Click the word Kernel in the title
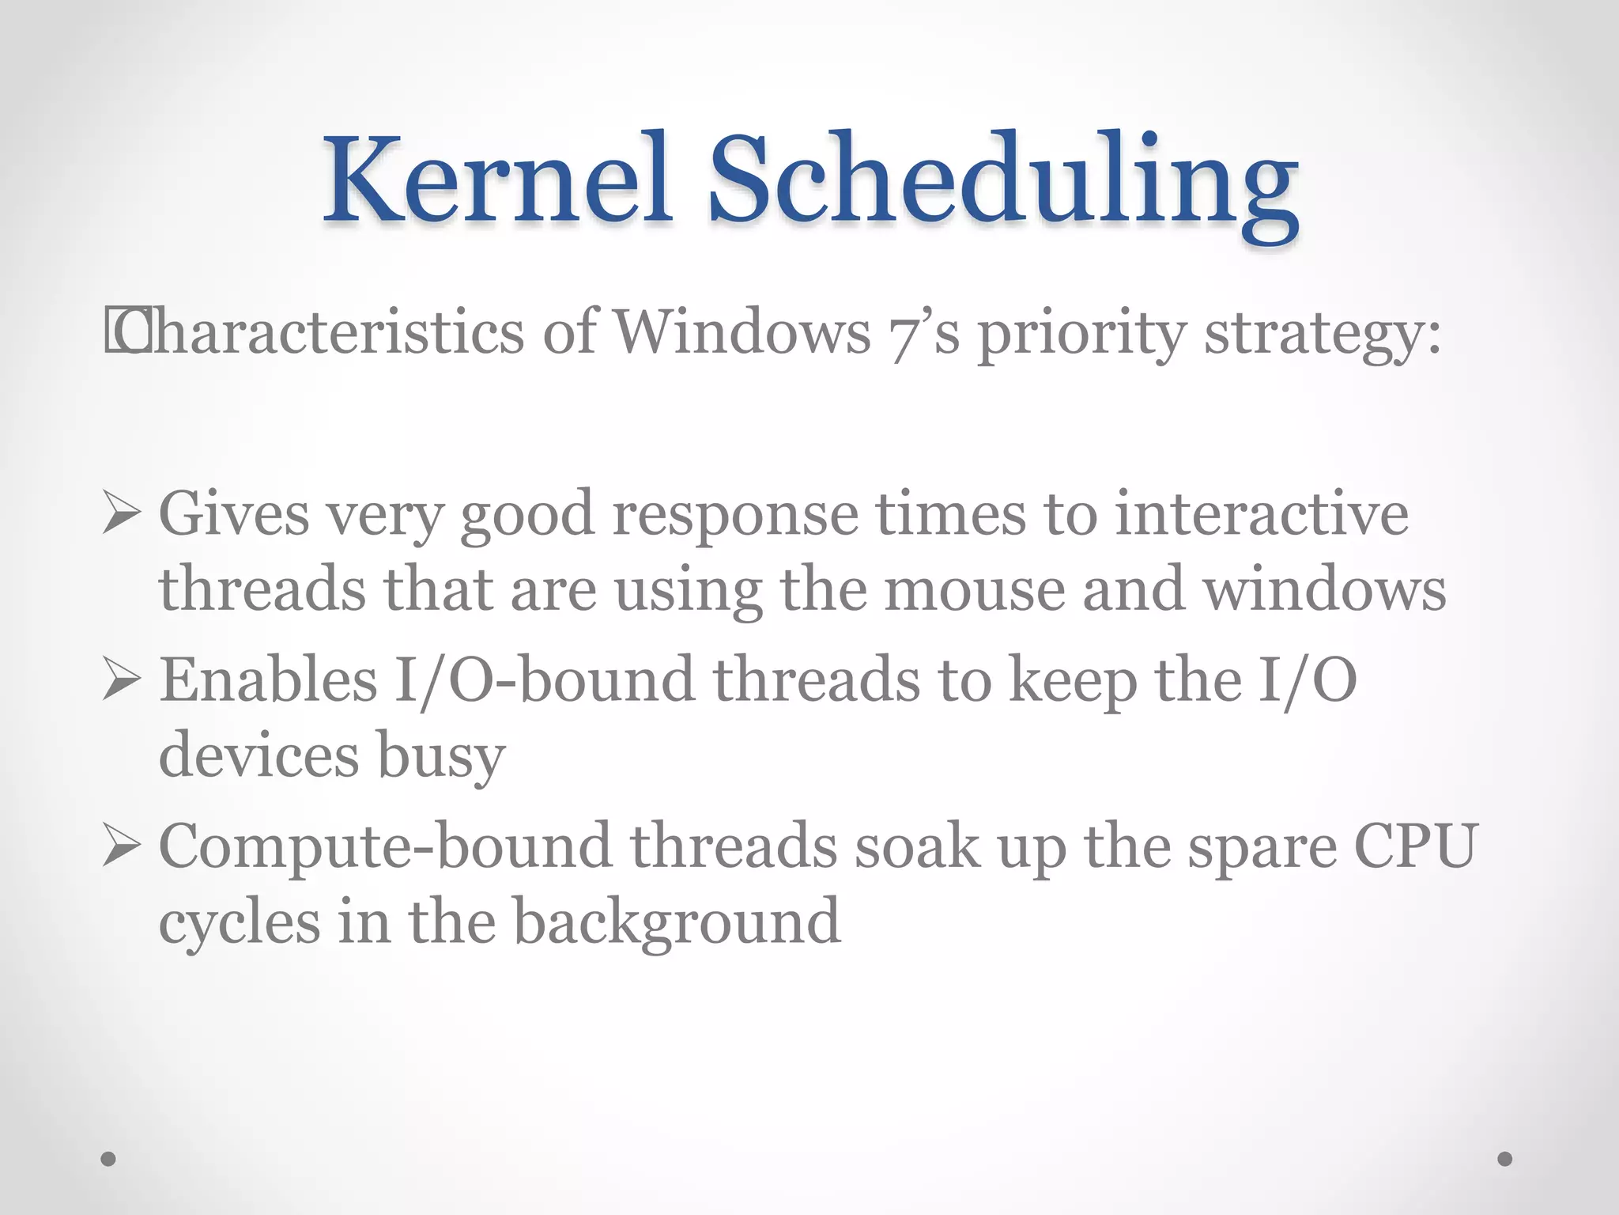coord(498,180)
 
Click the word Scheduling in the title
coord(1002,186)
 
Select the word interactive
coord(1262,514)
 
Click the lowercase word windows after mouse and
coord(1324,590)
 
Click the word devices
coord(259,755)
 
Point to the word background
coord(677,922)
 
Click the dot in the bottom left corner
coord(109,1159)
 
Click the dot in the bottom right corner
coord(1505,1159)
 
